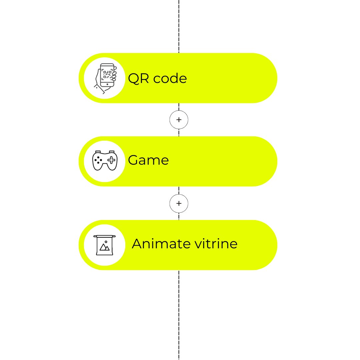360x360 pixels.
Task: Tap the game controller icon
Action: point(105,161)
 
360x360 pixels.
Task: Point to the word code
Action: point(170,78)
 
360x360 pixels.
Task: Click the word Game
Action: point(148,160)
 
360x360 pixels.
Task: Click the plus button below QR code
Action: point(179,120)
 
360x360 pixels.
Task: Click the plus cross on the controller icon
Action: point(111,160)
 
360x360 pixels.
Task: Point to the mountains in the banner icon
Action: point(104,247)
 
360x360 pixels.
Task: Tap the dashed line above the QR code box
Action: point(179,26)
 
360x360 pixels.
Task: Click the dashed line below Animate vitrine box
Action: point(179,315)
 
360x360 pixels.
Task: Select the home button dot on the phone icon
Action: point(107,84)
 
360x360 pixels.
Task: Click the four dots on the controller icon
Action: point(98,160)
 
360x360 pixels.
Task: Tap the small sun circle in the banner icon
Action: point(106,242)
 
